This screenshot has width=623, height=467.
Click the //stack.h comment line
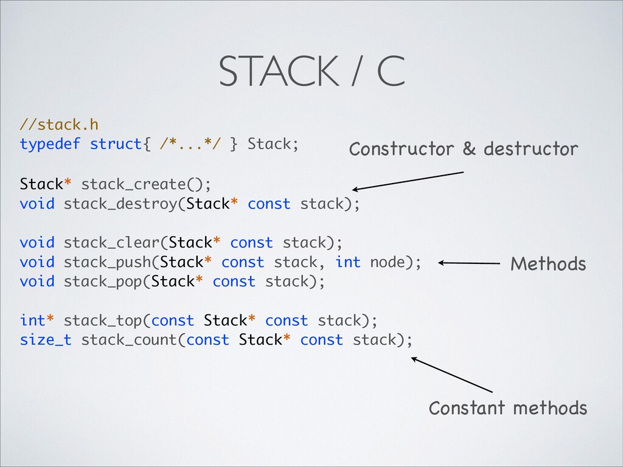(x=58, y=125)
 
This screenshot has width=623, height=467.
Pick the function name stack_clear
(x=111, y=243)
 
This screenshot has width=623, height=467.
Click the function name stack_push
(x=107, y=262)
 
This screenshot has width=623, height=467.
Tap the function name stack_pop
(x=103, y=282)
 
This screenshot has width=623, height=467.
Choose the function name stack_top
(x=103, y=320)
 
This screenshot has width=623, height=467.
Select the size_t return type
(x=46, y=340)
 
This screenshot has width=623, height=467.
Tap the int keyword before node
(x=348, y=262)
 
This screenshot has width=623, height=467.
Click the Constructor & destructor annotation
(x=463, y=149)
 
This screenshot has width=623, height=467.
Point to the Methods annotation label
(x=548, y=264)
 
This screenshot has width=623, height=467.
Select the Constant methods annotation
(x=508, y=407)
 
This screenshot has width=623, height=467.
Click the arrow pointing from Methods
(x=468, y=263)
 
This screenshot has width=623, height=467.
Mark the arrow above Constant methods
(x=451, y=375)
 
